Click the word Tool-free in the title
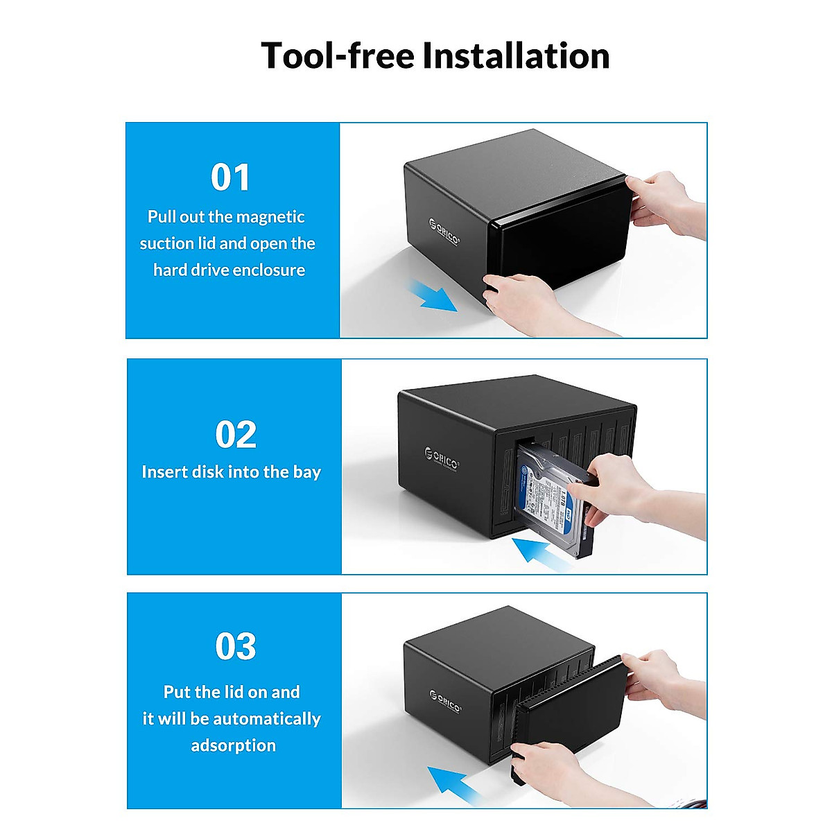click(x=338, y=55)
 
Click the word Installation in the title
click(x=517, y=55)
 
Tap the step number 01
click(x=230, y=177)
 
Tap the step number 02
click(x=235, y=435)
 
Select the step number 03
click(x=235, y=647)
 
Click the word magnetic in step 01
click(x=270, y=217)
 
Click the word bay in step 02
click(x=306, y=473)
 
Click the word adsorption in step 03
click(x=233, y=745)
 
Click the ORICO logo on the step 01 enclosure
click(x=444, y=232)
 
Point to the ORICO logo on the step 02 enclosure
click(x=442, y=458)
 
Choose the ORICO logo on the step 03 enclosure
click(x=444, y=700)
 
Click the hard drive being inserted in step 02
click(x=551, y=499)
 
